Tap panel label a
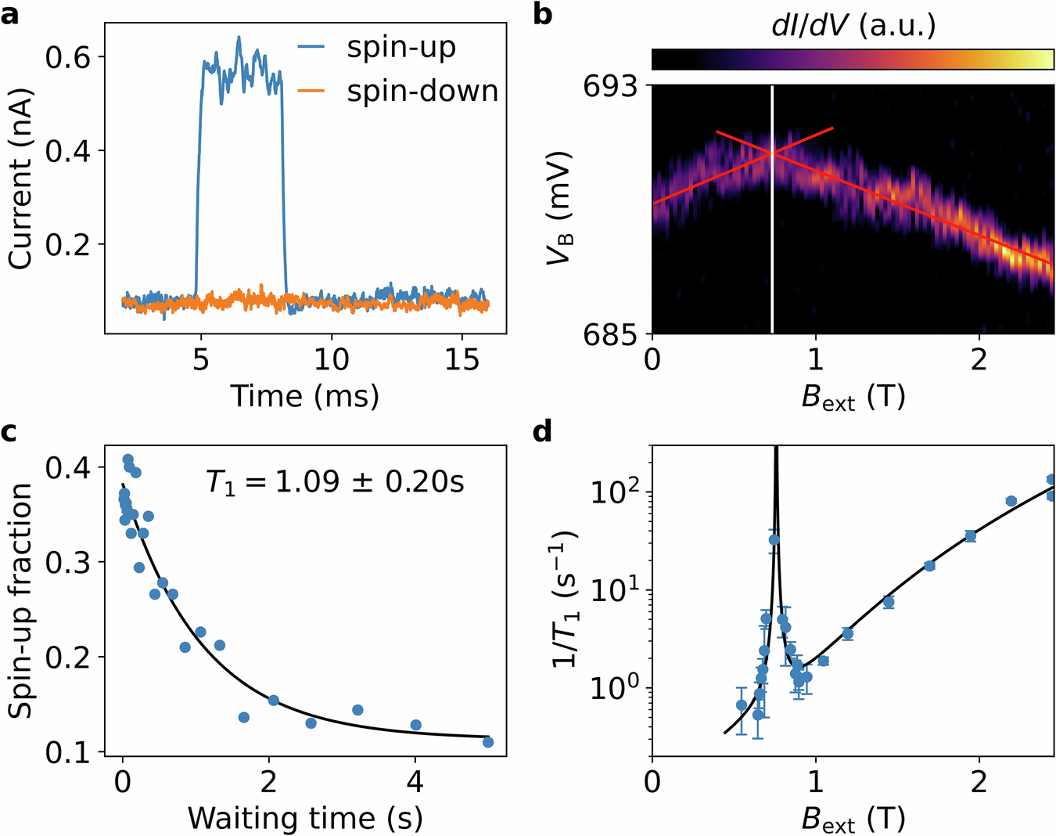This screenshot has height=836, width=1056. pos(10,14)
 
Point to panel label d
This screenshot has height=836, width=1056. pos(543,431)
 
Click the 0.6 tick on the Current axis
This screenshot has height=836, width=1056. pos(70,57)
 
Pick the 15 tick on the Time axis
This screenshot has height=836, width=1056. pos(462,359)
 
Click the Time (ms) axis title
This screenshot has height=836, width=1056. pos(304,396)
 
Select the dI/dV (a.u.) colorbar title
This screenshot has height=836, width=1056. pos(853,26)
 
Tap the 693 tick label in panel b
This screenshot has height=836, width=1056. pos(610,86)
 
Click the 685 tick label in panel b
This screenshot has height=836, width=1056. pos(610,334)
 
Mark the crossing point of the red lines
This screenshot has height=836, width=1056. pos(773,153)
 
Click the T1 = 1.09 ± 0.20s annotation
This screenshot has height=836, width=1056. pos(335,481)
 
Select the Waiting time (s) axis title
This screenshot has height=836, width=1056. pos(304,818)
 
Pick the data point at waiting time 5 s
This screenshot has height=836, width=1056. pos(488,742)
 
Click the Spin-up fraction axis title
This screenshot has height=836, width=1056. pos(21,600)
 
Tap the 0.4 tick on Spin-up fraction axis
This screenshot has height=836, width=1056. pos(70,468)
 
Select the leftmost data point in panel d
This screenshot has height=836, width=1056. pos(742,705)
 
